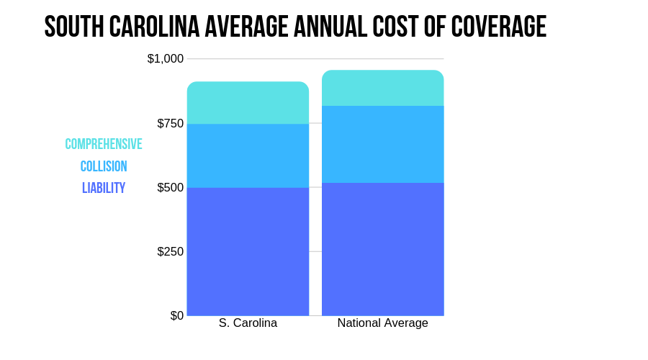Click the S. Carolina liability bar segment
tap(248, 251)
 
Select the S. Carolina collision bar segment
tap(248, 156)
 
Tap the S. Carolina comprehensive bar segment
tap(248, 103)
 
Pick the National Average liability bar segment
tap(382, 249)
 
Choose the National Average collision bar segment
tap(382, 144)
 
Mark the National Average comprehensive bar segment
tap(382, 88)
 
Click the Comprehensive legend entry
tap(104, 144)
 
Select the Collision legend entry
tap(104, 166)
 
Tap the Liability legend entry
tap(104, 188)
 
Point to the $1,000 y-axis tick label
tap(166, 59)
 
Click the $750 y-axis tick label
tap(170, 123)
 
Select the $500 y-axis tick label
tap(170, 187)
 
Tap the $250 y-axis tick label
tap(170, 251)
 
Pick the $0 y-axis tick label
tap(177, 315)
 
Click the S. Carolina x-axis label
tap(248, 323)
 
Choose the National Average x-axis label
tap(382, 323)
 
